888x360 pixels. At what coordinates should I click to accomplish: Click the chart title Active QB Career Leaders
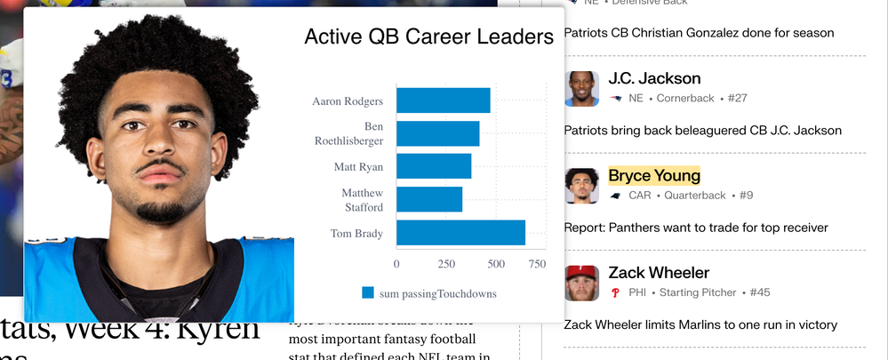[x=428, y=36]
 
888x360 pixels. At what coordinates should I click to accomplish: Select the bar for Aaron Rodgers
[x=443, y=100]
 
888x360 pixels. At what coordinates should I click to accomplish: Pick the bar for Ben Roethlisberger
[x=437, y=133]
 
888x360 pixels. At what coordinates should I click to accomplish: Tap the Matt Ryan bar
[x=433, y=166]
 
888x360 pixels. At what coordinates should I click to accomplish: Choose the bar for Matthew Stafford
[x=428, y=199]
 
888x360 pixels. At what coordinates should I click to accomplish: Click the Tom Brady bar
[x=460, y=233]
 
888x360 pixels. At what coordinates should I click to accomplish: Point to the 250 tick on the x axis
[x=446, y=264]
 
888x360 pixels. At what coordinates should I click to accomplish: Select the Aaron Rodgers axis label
[x=348, y=101]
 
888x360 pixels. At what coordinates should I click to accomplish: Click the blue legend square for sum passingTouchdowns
[x=368, y=293]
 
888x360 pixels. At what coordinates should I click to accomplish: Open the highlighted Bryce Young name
[x=654, y=175]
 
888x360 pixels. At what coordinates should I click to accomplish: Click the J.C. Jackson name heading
[x=654, y=78]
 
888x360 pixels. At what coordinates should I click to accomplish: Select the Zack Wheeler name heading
[x=659, y=272]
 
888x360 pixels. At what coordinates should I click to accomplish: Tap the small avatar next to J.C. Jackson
[x=581, y=88]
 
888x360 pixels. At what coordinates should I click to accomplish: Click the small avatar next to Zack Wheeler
[x=581, y=283]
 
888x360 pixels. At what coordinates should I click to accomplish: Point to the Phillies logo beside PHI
[x=614, y=292]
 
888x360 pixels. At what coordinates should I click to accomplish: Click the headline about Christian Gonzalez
[x=699, y=33]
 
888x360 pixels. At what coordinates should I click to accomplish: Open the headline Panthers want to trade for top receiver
[x=696, y=228]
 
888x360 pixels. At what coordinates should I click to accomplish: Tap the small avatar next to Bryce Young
[x=581, y=186]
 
